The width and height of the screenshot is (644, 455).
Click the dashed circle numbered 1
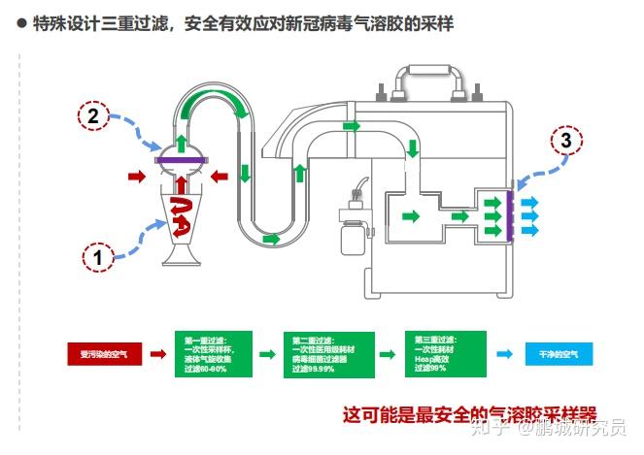pos(98,257)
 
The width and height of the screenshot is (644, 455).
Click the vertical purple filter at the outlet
pos(508,215)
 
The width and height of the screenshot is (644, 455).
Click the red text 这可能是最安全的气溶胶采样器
pos(469,413)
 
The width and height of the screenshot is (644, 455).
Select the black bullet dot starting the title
pos(20,25)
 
